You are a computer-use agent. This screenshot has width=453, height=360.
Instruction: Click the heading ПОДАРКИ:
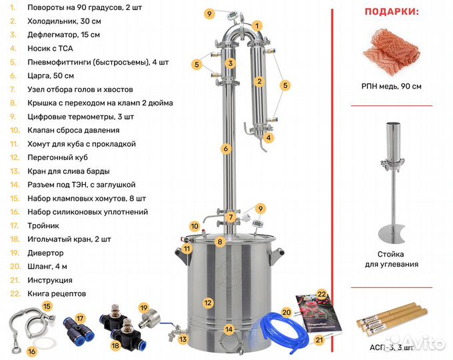pyautogui.click(x=391, y=11)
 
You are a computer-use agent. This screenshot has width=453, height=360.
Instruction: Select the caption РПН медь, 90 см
pyautogui.click(x=390, y=86)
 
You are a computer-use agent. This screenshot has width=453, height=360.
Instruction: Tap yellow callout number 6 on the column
pyautogui.click(x=226, y=148)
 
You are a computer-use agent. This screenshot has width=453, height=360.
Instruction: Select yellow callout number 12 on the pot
pyautogui.click(x=208, y=303)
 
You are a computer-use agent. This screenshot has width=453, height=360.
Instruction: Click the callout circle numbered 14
pyautogui.click(x=229, y=329)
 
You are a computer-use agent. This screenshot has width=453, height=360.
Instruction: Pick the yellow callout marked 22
pyautogui.click(x=321, y=294)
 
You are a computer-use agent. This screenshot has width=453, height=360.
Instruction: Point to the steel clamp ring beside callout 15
pyautogui.click(x=26, y=321)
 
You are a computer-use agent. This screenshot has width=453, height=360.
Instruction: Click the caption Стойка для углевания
pyautogui.click(x=391, y=259)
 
